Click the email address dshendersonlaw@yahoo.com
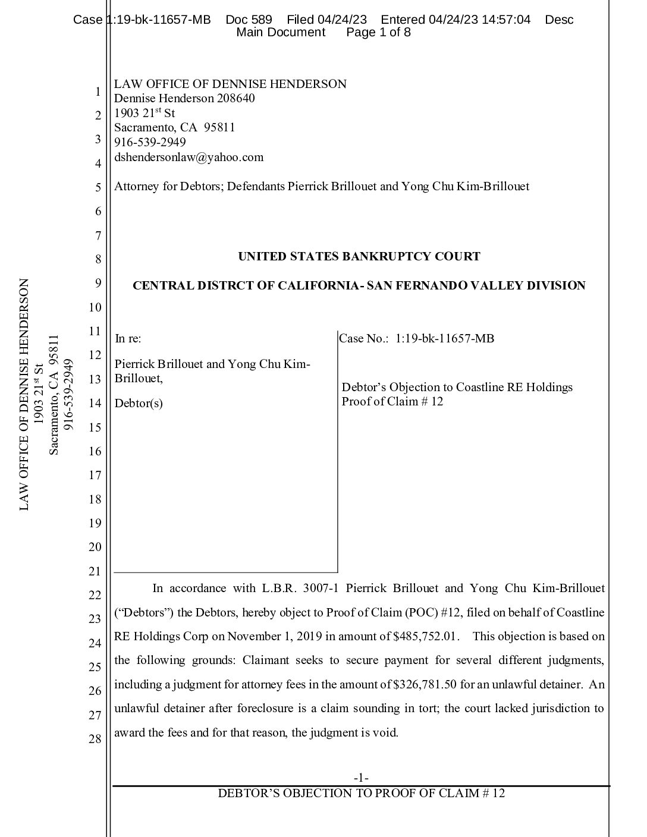point(189,158)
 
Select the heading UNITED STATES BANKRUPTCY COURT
point(359,257)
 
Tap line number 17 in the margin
point(95,476)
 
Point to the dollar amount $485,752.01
point(426,637)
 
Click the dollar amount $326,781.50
point(425,684)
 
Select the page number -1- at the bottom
point(361,778)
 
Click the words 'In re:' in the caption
point(128,339)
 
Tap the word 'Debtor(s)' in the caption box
point(139,404)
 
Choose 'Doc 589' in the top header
point(249,20)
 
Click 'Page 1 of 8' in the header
point(378,32)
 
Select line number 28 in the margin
point(95,740)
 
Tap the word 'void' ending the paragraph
point(385,732)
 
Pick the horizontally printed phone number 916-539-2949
point(150,143)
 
